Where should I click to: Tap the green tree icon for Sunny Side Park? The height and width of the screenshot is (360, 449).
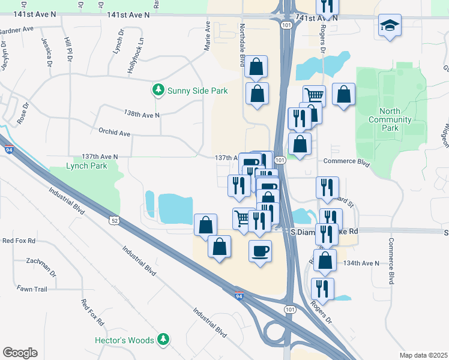158,91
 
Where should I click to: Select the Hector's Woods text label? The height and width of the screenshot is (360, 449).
125,340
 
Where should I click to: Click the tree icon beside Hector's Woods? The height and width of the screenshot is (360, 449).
163,340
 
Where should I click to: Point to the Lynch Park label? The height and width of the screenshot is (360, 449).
85,166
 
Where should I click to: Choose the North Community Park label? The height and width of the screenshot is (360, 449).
391,119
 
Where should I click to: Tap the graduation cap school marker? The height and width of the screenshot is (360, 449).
390,26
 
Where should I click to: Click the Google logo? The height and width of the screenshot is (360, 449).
20,353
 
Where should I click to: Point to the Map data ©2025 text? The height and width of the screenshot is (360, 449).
423,355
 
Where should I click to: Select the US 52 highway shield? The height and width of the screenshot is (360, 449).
114,221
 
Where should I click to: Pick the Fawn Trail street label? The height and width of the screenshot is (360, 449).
32,289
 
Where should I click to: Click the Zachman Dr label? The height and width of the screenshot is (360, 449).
41,264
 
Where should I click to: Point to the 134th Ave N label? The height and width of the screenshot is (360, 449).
361,263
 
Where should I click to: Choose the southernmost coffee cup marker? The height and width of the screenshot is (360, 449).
260,251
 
